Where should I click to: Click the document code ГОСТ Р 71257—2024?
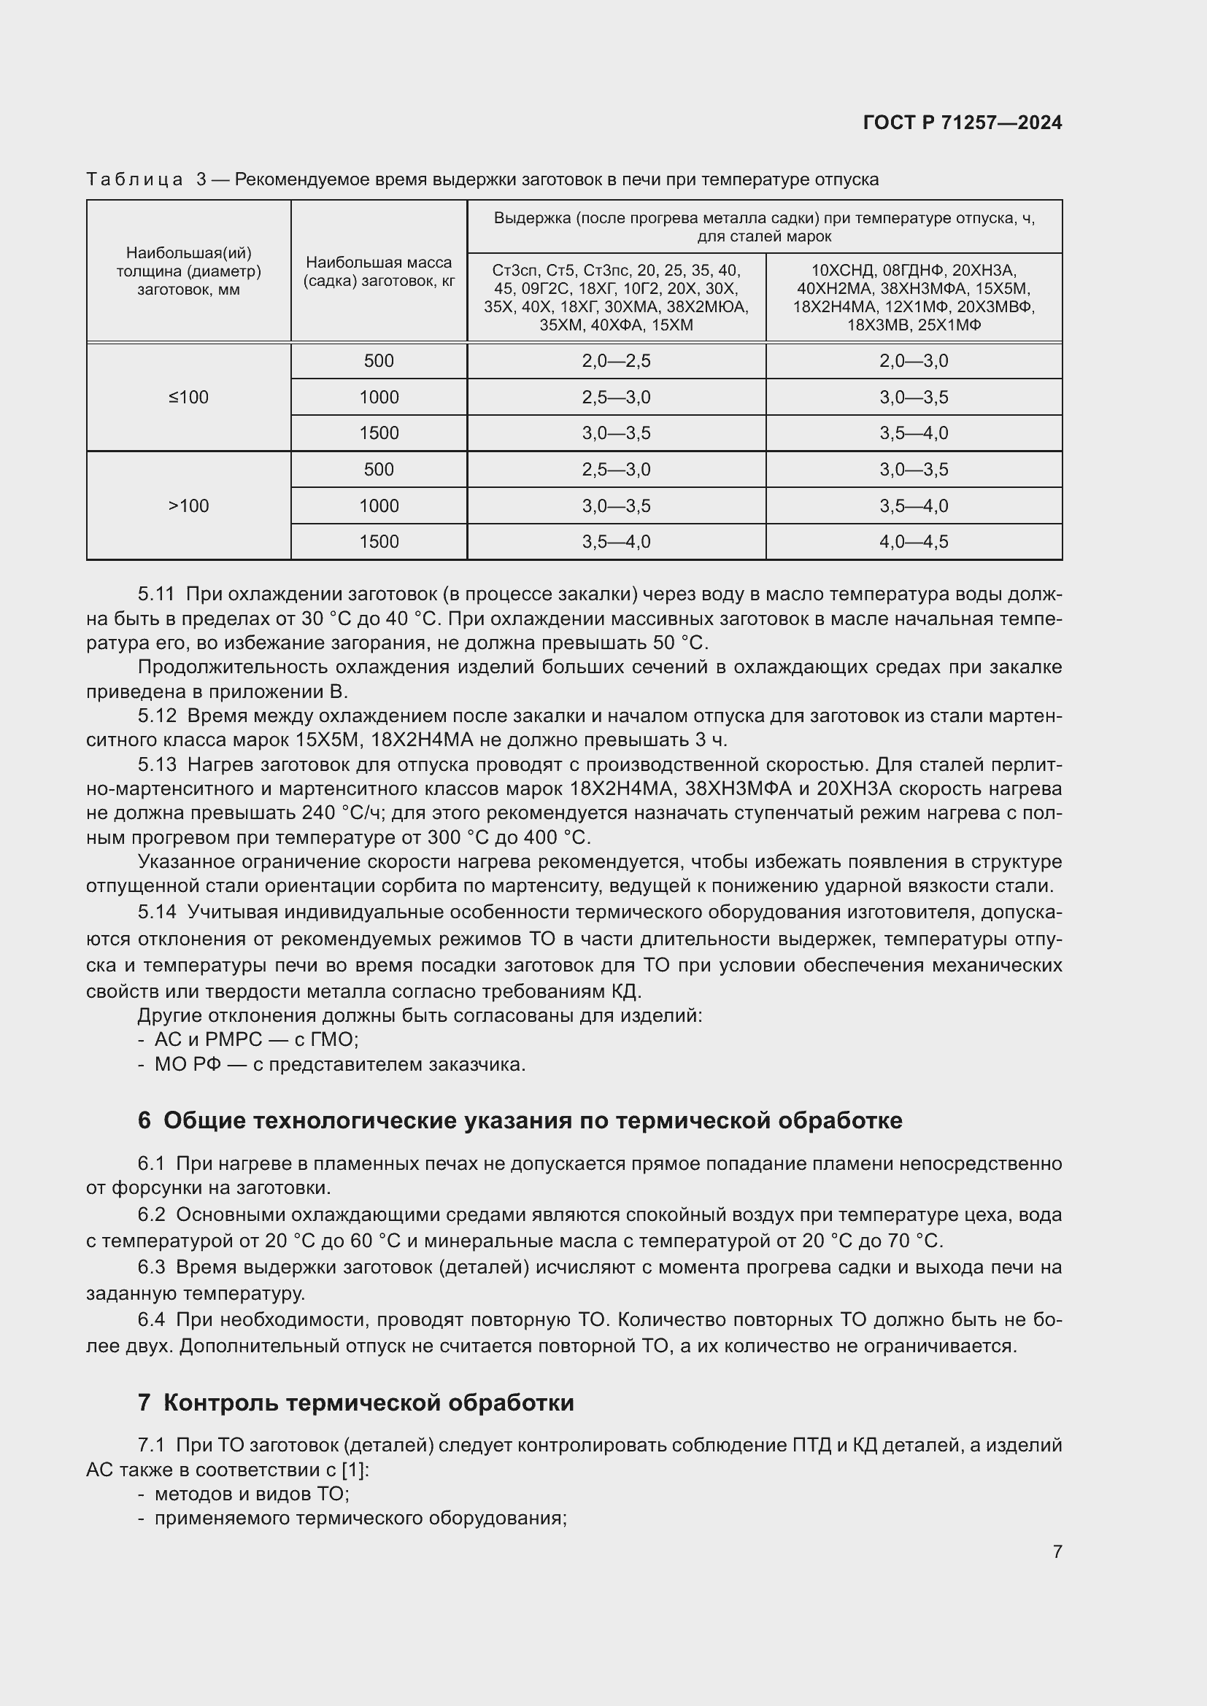click(963, 123)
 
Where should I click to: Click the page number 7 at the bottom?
click(1057, 1551)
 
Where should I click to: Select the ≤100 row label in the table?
click(189, 397)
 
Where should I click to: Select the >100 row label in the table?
click(189, 505)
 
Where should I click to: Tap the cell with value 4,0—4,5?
click(914, 542)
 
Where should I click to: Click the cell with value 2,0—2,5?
click(616, 361)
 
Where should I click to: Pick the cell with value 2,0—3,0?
click(914, 361)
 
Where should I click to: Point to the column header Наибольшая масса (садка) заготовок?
click(379, 271)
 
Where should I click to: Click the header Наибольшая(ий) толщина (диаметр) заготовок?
click(189, 271)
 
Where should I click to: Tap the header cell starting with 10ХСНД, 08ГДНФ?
click(914, 297)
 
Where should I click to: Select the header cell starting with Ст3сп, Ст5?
click(616, 297)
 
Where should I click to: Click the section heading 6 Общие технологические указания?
click(520, 1120)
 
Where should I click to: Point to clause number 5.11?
click(156, 594)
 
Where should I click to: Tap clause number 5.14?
click(157, 911)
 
